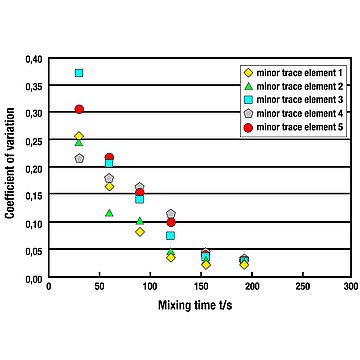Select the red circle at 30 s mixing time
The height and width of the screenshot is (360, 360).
click(79, 109)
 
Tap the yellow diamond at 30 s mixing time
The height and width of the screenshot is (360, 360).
click(79, 136)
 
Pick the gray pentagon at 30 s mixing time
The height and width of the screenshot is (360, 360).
click(79, 158)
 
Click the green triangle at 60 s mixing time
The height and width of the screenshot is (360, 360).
click(109, 213)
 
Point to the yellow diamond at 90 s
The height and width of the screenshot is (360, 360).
click(140, 232)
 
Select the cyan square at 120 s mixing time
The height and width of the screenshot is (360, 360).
click(171, 236)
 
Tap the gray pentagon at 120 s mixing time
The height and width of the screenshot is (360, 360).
click(171, 213)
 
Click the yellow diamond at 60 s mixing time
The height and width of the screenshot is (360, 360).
click(109, 187)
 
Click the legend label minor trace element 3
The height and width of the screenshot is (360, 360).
click(300, 99)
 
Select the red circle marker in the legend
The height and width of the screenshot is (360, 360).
click(248, 127)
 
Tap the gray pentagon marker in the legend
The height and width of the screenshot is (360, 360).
click(248, 114)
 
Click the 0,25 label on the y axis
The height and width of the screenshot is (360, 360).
click(34, 141)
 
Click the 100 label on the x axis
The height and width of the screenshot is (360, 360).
click(150, 286)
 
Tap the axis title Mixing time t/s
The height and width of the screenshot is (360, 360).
click(195, 305)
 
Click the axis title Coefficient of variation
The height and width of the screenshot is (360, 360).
click(10, 163)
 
